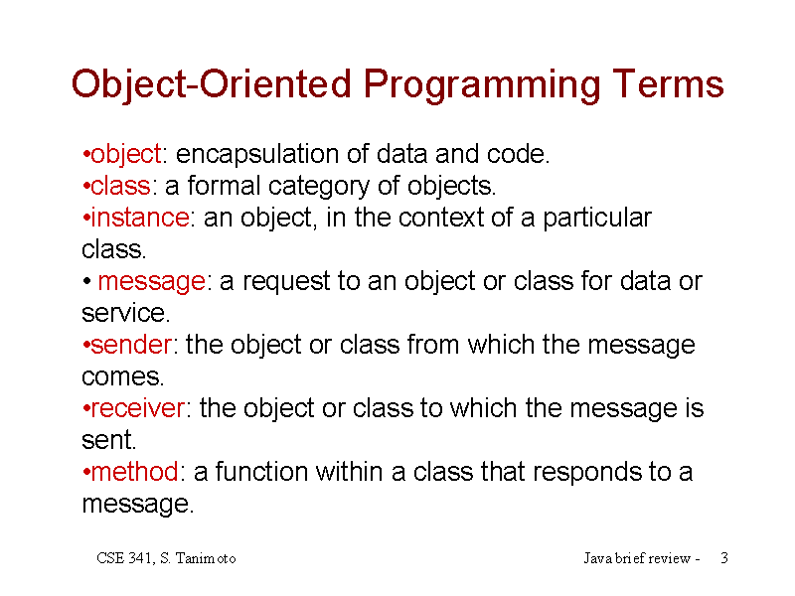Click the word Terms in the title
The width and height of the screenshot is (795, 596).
[x=668, y=83]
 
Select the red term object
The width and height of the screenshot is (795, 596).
[x=126, y=154]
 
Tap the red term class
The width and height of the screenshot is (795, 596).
[x=120, y=186]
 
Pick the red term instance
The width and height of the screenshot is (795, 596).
[x=140, y=218]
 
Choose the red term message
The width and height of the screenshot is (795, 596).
[x=152, y=282]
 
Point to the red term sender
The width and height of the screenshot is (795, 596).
[x=131, y=345]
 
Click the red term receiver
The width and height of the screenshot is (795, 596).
[x=138, y=408]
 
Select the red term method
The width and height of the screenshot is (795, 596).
[x=135, y=471]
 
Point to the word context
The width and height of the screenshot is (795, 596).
[x=440, y=218]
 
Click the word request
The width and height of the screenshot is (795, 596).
[x=286, y=282]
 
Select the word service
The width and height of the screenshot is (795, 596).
[x=126, y=313]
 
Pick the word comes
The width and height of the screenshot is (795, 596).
[x=123, y=377]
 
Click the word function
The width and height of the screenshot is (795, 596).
[x=261, y=471]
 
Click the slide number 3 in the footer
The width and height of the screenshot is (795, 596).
[x=724, y=558]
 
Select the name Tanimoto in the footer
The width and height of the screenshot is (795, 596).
[x=206, y=558]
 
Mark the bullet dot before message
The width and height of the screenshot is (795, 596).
[x=86, y=281]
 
